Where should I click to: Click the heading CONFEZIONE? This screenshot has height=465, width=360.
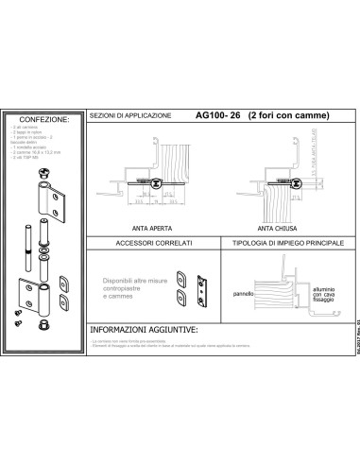point(44,120)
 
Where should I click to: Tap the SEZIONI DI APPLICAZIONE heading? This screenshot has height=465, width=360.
point(130,115)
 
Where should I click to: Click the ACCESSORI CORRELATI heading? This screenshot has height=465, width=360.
point(152,244)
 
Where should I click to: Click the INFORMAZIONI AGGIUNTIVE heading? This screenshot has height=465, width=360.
point(143,331)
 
